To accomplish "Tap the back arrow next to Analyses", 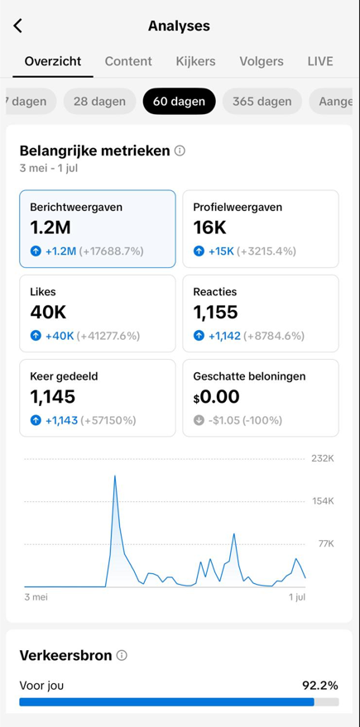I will (x=18, y=26).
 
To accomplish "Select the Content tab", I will (x=128, y=61).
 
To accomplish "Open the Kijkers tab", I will (x=195, y=61).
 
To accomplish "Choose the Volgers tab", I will (x=262, y=61).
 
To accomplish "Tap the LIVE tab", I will (x=320, y=61).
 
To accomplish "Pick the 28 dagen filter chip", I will (x=99, y=102).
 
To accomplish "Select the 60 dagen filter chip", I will (x=179, y=102).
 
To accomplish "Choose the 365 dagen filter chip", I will (x=262, y=102).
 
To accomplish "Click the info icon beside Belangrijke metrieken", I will (x=180, y=151).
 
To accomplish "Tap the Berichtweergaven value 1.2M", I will (x=51, y=227).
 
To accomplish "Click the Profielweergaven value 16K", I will (x=209, y=227).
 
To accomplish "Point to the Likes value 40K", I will (x=48, y=312).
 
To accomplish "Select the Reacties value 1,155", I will (x=215, y=312).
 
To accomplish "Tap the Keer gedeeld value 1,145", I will (x=52, y=397).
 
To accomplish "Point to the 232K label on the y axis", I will (x=322, y=458).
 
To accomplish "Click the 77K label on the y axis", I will (x=325, y=543).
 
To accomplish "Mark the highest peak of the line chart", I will (x=114, y=476).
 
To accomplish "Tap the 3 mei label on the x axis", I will (x=36, y=596).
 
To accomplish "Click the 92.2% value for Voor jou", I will (x=319, y=686).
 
